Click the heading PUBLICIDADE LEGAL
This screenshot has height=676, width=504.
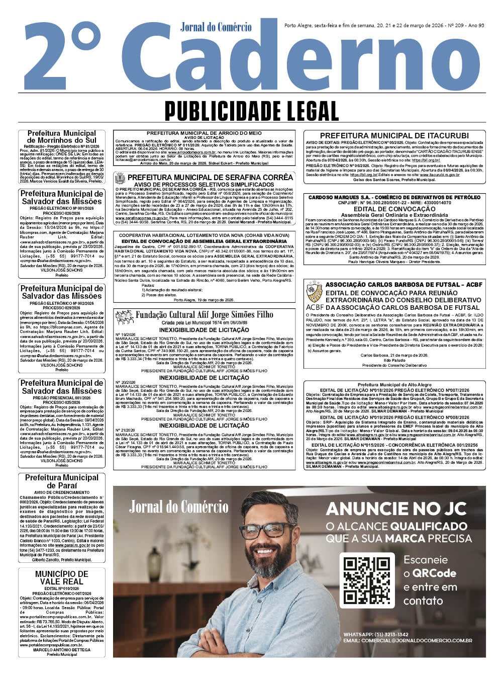click(251, 111)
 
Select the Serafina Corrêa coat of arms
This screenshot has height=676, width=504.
click(120, 178)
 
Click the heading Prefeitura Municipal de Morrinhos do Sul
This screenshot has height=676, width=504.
click(62, 137)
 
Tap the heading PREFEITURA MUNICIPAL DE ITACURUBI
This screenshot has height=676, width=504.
click(394, 136)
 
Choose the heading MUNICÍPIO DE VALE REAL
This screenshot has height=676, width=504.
click(62, 577)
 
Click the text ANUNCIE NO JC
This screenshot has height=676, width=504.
click(399, 509)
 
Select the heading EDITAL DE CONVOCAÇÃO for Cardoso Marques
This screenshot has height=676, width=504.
click(394, 209)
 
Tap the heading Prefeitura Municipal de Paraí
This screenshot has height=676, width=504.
click(62, 481)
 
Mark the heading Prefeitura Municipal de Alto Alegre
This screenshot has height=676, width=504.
click(394, 385)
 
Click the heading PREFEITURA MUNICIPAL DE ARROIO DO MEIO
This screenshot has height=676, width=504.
click(204, 133)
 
